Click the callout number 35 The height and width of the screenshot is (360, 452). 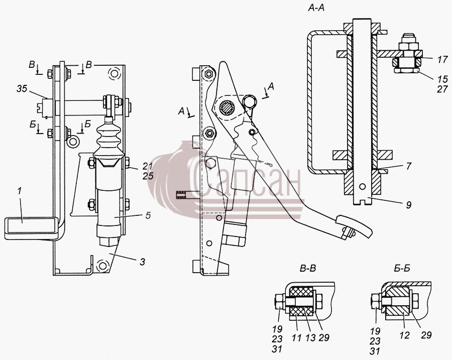[22, 88]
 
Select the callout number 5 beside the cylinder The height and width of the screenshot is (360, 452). [148, 215]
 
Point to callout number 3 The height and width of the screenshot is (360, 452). [142, 262]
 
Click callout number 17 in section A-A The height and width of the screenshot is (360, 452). [443, 59]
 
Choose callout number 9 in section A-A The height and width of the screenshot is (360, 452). [408, 205]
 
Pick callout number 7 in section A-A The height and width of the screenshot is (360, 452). [408, 166]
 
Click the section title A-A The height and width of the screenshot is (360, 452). [316, 8]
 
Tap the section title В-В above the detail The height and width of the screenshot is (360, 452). [308, 268]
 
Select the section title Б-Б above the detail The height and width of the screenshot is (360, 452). [402, 268]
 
